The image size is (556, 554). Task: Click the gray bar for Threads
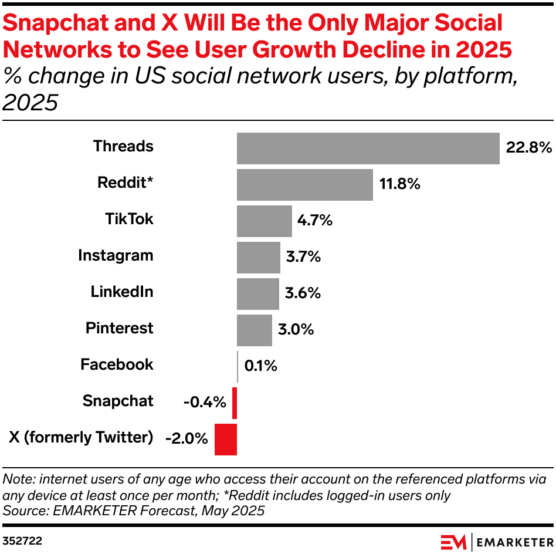pos(368,148)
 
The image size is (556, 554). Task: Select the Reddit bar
pos(304,185)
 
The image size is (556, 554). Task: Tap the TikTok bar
pos(264,221)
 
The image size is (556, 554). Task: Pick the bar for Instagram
pos(258,258)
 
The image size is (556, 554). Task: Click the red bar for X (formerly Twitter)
pos(226,439)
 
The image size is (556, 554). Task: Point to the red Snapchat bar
pos(235,403)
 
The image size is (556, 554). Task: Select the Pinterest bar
pos(254,330)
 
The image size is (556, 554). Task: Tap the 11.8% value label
pos(399,184)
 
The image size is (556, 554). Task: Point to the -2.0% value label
pos(187,438)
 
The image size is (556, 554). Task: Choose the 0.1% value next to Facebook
pos(260,366)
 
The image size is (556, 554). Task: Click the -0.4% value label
pos(204,403)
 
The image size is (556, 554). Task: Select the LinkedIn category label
pos(121,292)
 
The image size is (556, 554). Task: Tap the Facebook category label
pos(117,365)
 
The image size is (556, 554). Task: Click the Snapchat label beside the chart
pos(118,401)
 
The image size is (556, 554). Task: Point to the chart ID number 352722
pos(22,539)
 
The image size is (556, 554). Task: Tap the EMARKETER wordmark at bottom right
pos(513,541)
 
